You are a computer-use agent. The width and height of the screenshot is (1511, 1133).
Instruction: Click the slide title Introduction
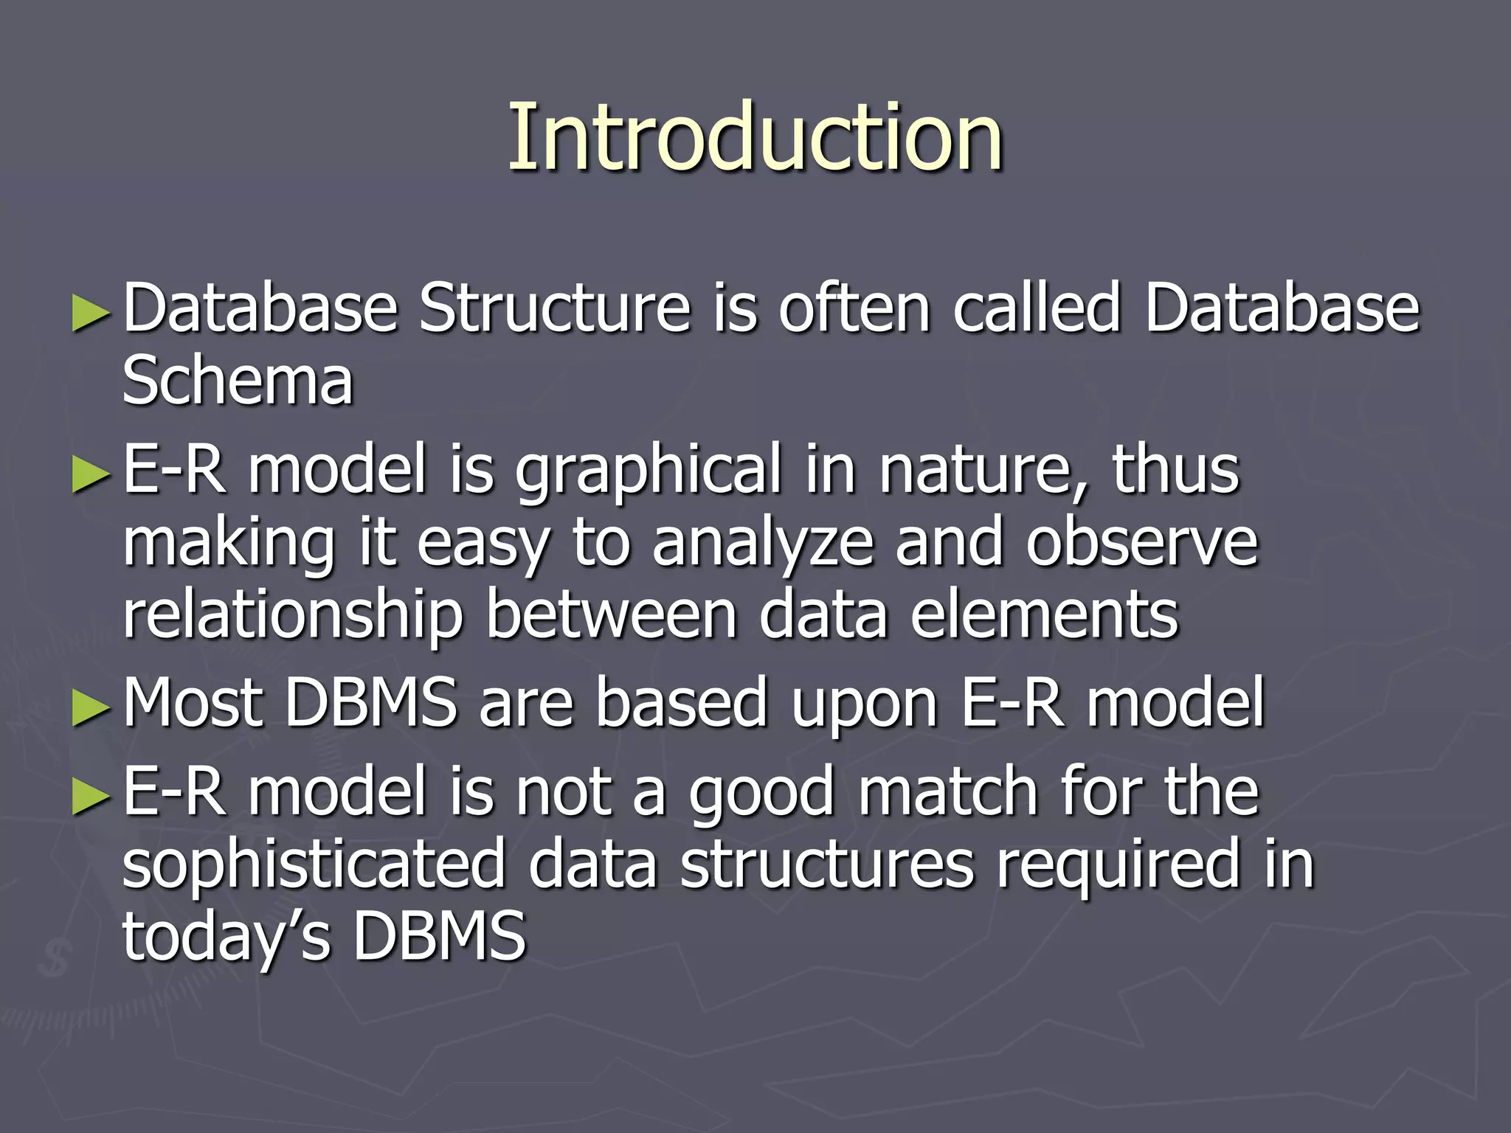coord(755,138)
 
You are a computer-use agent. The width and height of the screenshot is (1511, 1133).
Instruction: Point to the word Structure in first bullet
coord(554,308)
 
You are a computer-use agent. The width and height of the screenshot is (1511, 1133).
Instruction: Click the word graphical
coord(648,472)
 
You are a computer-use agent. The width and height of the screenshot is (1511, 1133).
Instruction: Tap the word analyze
coord(763,544)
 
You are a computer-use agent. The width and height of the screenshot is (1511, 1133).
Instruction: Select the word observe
coord(1141,543)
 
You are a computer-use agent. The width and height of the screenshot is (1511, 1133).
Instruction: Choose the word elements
coord(1044,615)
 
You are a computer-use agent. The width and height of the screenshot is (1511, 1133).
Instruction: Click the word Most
coord(193,704)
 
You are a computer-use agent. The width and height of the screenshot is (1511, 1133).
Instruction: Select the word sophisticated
coord(314,865)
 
